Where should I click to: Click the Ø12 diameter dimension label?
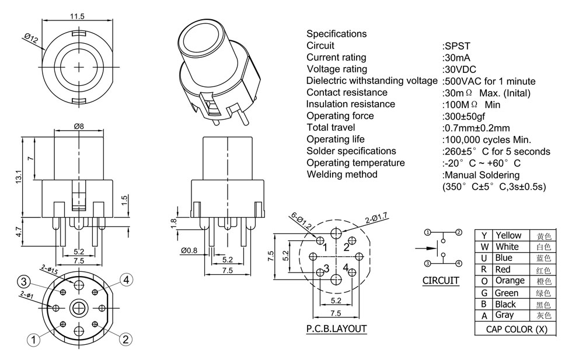(x=31, y=39)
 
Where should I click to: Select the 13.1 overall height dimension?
(x=19, y=175)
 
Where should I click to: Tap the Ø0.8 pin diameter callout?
(x=189, y=251)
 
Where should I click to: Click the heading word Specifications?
(x=336, y=34)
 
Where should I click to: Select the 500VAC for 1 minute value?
(x=489, y=81)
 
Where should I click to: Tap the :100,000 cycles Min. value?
(x=486, y=139)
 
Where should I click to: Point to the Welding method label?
(x=342, y=174)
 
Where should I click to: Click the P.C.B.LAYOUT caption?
(x=336, y=328)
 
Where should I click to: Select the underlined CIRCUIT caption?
(x=441, y=281)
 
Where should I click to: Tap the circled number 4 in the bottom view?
(x=126, y=280)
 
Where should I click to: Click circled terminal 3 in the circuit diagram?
(x=427, y=263)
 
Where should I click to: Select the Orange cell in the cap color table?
(x=510, y=281)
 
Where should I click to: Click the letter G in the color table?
(x=484, y=293)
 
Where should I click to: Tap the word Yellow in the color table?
(x=508, y=235)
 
